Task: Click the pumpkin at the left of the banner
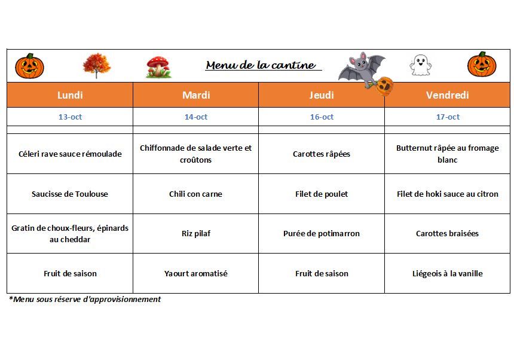[29, 65]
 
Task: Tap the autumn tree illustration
[96, 66]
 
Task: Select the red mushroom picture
[158, 66]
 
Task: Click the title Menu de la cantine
[261, 65]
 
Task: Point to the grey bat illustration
[362, 69]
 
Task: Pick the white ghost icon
[420, 65]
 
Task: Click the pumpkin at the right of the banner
[482, 65]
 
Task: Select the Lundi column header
[70, 95]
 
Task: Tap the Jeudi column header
[322, 95]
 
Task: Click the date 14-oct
[196, 117]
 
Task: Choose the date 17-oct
[448, 117]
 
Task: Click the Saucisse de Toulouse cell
[70, 194]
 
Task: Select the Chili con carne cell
[196, 194]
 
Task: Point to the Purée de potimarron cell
[322, 233]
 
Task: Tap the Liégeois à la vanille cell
[448, 273]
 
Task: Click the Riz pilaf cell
[196, 233]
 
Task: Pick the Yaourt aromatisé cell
[196, 273]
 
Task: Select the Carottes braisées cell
[448, 233]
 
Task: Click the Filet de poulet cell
[322, 194]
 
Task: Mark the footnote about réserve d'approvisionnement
[85, 299]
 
